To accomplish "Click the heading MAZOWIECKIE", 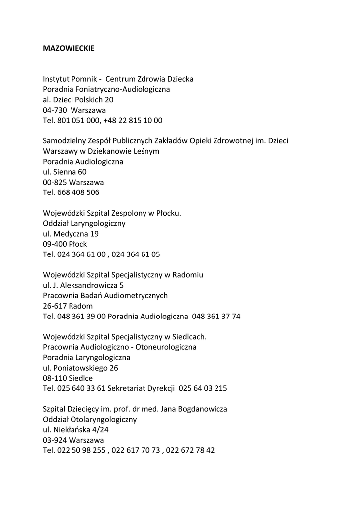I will pyautogui.click(x=69, y=49).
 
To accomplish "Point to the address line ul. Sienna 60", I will pyautogui.click(x=65, y=172).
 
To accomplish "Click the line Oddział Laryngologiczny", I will pyautogui.click(x=84, y=223).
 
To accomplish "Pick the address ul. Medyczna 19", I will pyautogui.click(x=71, y=234).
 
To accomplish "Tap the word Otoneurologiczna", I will pyautogui.click(x=165, y=347).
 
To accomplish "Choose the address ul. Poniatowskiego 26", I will pyautogui.click(x=80, y=368).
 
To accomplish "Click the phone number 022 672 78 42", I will pyautogui.click(x=191, y=451).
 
